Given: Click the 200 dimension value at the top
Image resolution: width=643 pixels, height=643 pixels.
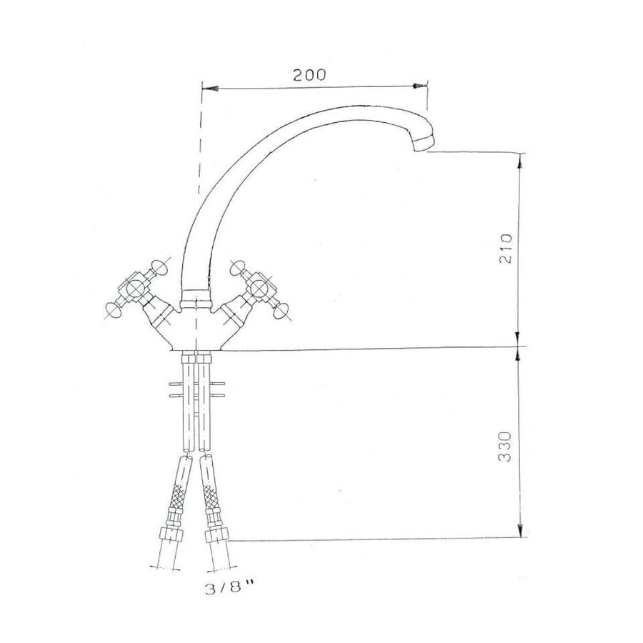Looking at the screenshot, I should (309, 74).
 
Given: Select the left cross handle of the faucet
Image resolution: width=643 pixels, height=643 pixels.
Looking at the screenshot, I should (135, 289).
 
